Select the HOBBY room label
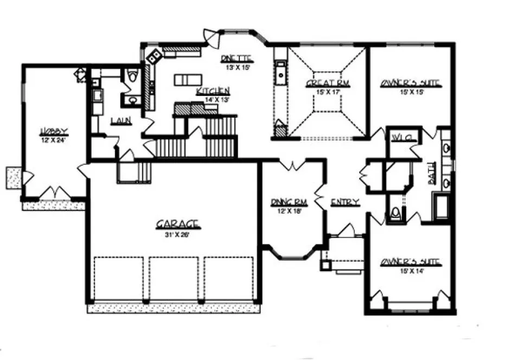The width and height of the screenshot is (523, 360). click(x=54, y=131)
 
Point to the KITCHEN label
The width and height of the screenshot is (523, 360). click(x=213, y=91)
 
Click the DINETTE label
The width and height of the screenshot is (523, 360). click(x=237, y=58)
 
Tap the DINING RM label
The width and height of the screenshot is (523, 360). click(x=289, y=202)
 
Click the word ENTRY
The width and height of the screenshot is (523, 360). click(x=346, y=202)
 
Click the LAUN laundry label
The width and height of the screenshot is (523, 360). click(x=121, y=121)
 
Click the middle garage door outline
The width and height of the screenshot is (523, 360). click(x=174, y=278)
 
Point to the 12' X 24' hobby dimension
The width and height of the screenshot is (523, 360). click(x=54, y=140)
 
